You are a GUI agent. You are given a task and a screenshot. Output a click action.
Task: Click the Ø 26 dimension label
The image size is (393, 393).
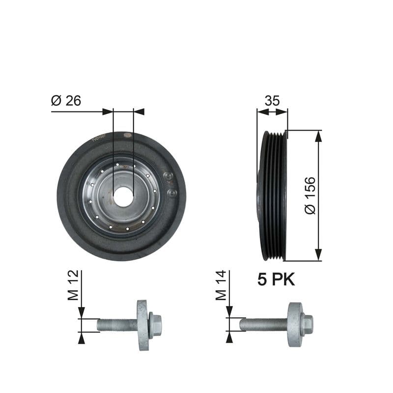(66, 101)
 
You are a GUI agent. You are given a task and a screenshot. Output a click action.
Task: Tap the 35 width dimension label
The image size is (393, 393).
(272, 101)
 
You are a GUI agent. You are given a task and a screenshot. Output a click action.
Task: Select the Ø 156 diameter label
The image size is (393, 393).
(310, 196)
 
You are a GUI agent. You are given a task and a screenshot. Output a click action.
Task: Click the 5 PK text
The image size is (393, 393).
(276, 280)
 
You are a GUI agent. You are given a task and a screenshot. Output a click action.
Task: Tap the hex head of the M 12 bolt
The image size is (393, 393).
(155, 325)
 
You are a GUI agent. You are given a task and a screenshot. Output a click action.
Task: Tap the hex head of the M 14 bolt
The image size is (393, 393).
(307, 324)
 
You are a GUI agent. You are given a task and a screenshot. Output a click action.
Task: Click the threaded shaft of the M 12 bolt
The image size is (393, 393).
(117, 325)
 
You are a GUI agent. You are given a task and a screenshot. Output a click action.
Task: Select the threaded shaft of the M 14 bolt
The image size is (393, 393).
(263, 324)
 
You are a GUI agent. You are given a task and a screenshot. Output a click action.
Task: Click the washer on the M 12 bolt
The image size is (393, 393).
(143, 325)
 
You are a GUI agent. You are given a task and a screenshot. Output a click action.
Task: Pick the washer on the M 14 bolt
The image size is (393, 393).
(294, 324)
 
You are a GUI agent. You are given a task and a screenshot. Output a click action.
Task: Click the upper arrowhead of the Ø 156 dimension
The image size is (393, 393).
(319, 137)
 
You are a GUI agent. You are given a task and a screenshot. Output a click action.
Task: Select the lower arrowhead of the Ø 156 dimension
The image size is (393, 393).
(319, 254)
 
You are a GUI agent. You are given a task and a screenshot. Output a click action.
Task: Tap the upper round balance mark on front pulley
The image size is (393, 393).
(168, 176)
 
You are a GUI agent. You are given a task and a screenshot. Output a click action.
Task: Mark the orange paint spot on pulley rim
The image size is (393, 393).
(127, 134)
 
